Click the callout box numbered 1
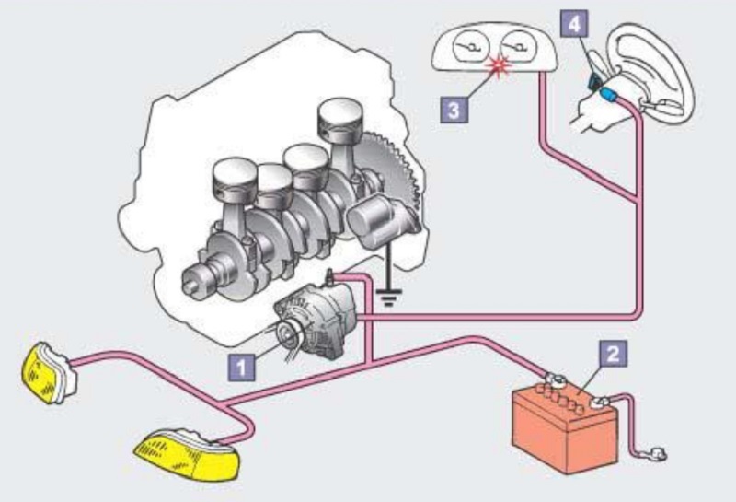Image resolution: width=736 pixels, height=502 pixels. coord(242,367)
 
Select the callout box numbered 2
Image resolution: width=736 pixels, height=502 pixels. coord(613,354)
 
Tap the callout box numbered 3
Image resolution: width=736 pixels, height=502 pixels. coord(454,110)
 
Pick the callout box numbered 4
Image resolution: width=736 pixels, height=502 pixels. coord(574,24)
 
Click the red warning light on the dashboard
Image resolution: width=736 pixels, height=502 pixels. coord(499,65)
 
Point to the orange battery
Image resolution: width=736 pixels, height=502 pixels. coord(565,426)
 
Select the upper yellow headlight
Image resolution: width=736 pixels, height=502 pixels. coord(49,373)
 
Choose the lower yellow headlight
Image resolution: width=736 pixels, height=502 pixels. coord(188,454)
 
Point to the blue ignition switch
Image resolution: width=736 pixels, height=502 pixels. coord(609,95)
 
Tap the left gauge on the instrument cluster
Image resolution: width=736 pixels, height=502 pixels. coord(470,47)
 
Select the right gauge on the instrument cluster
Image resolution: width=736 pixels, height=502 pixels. coord(518,47)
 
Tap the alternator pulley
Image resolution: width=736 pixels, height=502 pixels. coord(286,333)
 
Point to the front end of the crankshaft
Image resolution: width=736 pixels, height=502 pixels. coord(197,281)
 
